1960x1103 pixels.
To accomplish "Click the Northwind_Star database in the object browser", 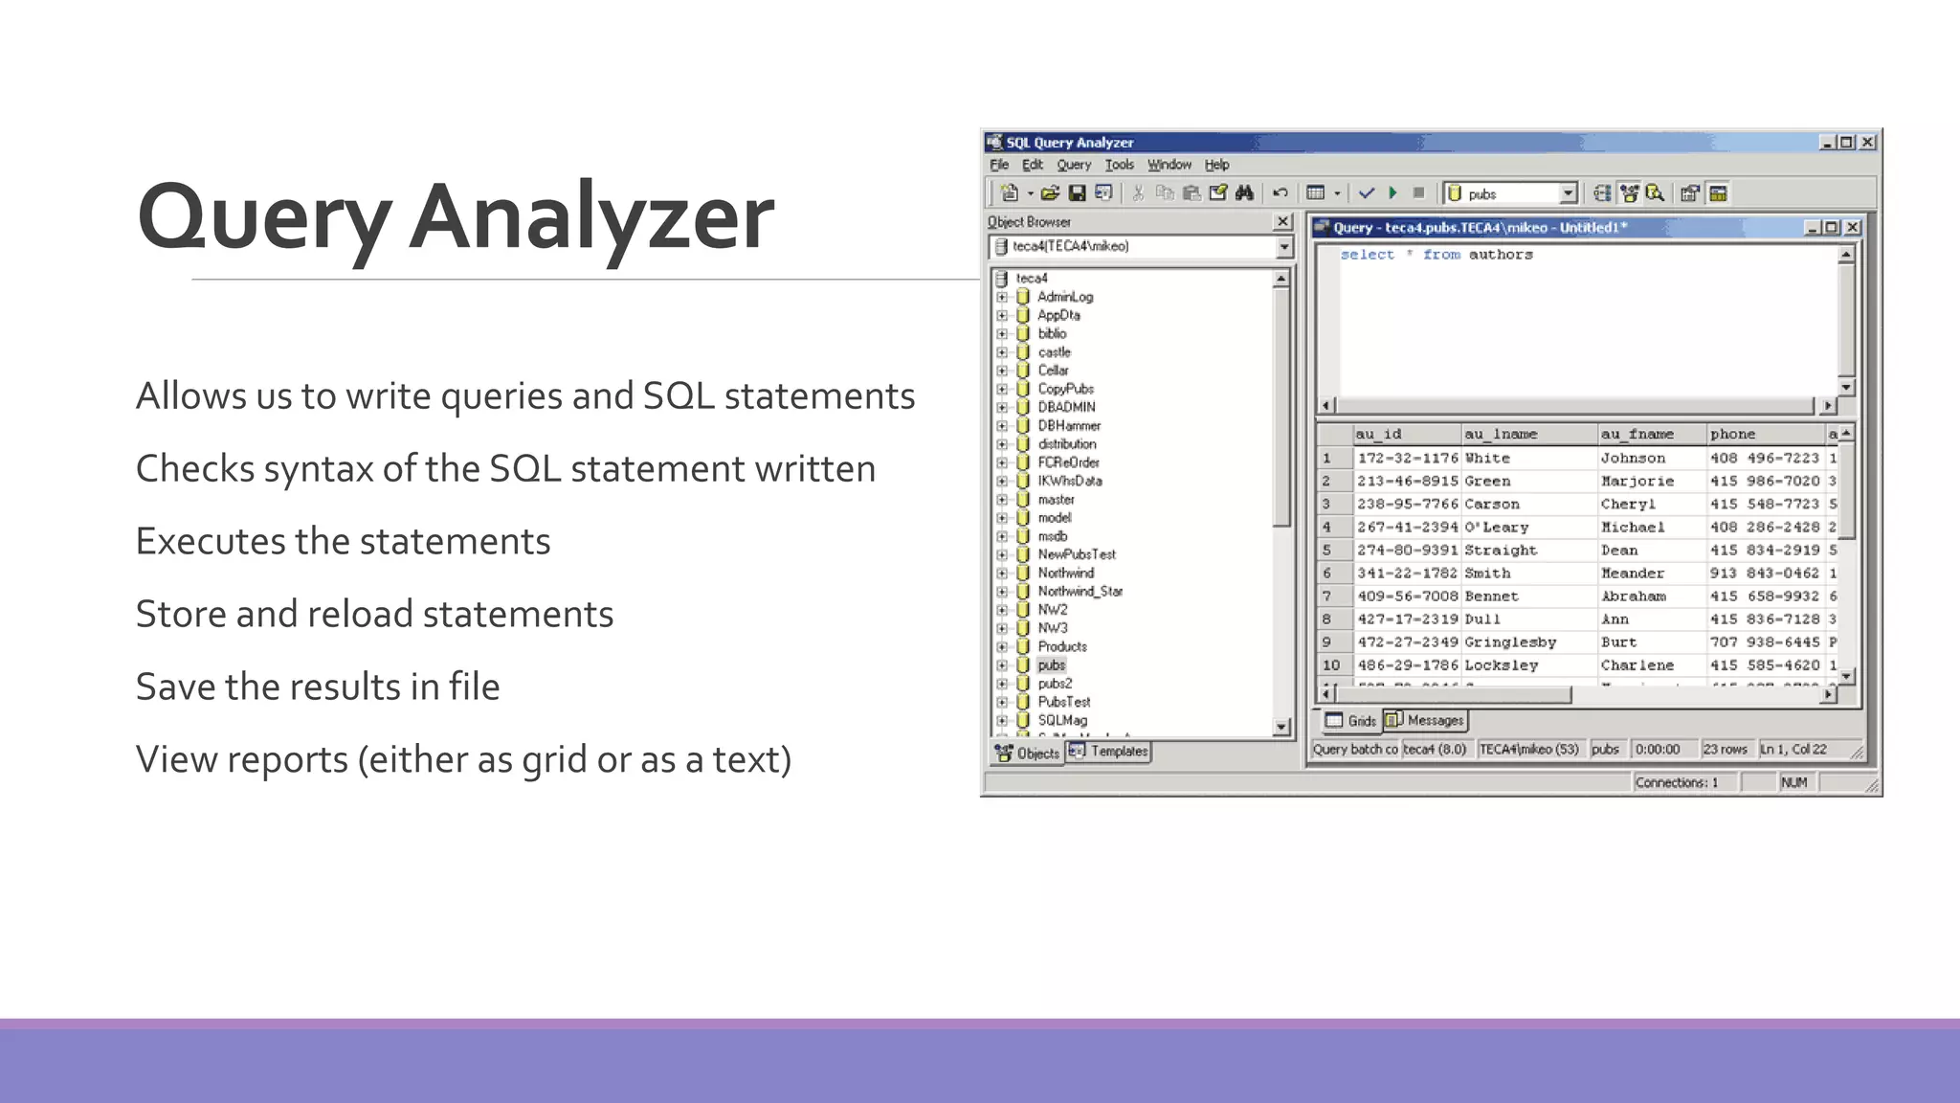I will [1080, 592].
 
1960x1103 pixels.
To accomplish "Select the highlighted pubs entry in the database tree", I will [1051, 665].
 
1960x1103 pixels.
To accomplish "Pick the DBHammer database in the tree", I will [1069, 426].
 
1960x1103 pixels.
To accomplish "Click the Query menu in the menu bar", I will [1073, 165].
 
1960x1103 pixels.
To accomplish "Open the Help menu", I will [1216, 165].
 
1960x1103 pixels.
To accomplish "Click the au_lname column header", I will [1501, 435].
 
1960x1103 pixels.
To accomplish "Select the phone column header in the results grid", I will [1732, 435].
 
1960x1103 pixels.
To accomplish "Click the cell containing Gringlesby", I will [1510, 642].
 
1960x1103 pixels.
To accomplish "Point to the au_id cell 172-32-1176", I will [1407, 459].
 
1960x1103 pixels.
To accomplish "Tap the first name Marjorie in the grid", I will [1637, 482].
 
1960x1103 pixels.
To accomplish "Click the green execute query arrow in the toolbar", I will [1393, 193].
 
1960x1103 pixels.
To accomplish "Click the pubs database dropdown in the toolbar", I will [1511, 193].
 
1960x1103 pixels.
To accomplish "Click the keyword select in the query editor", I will [1367, 255].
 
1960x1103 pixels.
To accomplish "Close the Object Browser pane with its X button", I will [1282, 222].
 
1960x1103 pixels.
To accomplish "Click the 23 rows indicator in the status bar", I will [1725, 750].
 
